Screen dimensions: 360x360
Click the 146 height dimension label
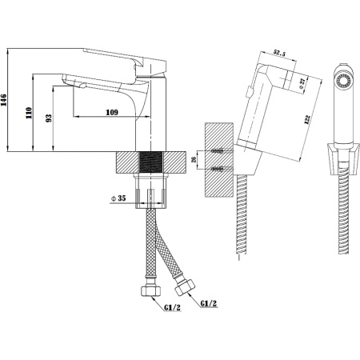coord(4,100)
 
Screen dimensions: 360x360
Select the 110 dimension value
coord(29,113)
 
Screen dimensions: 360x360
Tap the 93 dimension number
coord(49,118)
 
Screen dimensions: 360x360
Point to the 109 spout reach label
coord(112,112)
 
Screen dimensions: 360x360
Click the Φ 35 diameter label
coord(118,198)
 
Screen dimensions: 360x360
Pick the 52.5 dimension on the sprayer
coord(279,53)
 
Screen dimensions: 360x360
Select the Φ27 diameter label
coord(302,84)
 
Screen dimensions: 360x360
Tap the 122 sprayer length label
coord(307,119)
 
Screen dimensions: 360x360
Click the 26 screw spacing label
coord(194,159)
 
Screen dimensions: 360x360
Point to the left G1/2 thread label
coord(172,308)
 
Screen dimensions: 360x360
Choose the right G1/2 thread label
coord(209,303)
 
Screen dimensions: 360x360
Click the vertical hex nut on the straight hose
coord(150,291)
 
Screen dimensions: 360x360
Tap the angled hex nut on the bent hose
coord(185,287)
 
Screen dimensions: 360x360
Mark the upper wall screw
coord(218,151)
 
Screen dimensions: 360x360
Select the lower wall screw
coord(218,169)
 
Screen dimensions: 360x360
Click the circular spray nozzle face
coord(343,80)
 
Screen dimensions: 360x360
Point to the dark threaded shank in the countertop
coord(151,162)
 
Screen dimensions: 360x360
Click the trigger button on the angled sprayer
coord(250,92)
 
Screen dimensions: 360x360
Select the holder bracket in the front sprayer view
coord(343,159)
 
